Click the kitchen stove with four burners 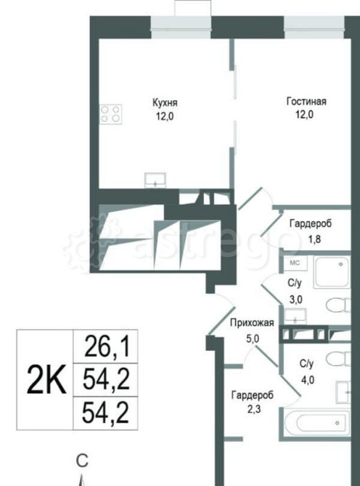[111, 114]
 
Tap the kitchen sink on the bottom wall [155, 179]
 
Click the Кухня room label [165, 102]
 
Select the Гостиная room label [306, 102]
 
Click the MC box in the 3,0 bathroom [295, 262]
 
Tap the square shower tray [331, 273]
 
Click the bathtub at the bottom [314, 422]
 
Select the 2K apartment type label [46, 379]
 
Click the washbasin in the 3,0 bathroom [294, 315]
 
